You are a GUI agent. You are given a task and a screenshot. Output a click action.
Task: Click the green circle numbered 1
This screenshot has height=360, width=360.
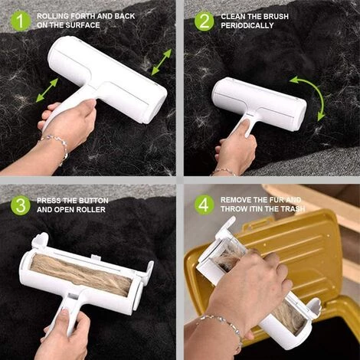coord(21,21)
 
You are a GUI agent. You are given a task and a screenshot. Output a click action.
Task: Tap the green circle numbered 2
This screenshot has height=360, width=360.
coord(205,21)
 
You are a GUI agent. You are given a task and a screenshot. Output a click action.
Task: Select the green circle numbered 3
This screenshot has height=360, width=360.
coord(21,205)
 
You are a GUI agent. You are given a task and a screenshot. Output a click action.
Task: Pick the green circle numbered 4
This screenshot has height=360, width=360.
coord(205,205)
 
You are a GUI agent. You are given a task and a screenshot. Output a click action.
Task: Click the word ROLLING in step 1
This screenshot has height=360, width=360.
coord(53,16)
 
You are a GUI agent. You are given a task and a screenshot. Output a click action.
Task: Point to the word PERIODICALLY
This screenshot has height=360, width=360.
coord(247,25)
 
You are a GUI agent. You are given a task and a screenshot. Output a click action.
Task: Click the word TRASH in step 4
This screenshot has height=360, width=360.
coord(293,209)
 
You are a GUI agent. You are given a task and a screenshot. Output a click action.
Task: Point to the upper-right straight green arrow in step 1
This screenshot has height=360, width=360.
coord(162,62)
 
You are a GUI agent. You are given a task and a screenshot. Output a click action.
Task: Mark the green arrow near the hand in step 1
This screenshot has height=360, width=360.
coord(47,90)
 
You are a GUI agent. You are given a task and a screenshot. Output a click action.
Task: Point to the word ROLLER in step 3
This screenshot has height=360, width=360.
coord(90,210)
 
